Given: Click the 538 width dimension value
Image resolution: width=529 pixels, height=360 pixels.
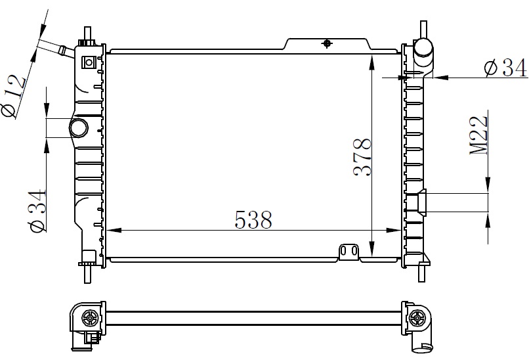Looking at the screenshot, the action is click(x=253, y=220).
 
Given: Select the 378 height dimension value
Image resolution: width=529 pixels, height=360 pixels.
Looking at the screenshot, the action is click(x=362, y=157).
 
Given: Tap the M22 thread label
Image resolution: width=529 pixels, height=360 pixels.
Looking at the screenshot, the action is click(x=479, y=136).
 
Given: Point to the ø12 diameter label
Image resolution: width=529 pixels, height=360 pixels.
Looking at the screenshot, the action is click(x=14, y=96).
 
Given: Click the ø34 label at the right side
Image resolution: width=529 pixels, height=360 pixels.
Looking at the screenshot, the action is click(x=505, y=68).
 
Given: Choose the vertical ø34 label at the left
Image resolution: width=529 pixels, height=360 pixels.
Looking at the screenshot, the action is click(x=38, y=211).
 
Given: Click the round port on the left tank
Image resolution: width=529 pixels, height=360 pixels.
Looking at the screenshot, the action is click(x=79, y=127).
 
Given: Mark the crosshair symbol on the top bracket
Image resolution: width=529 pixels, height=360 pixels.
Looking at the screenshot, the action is click(x=327, y=43).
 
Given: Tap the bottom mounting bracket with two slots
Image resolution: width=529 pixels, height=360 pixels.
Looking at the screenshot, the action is click(x=349, y=252).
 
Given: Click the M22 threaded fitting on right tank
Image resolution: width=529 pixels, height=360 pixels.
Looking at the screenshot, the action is click(x=422, y=202).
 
